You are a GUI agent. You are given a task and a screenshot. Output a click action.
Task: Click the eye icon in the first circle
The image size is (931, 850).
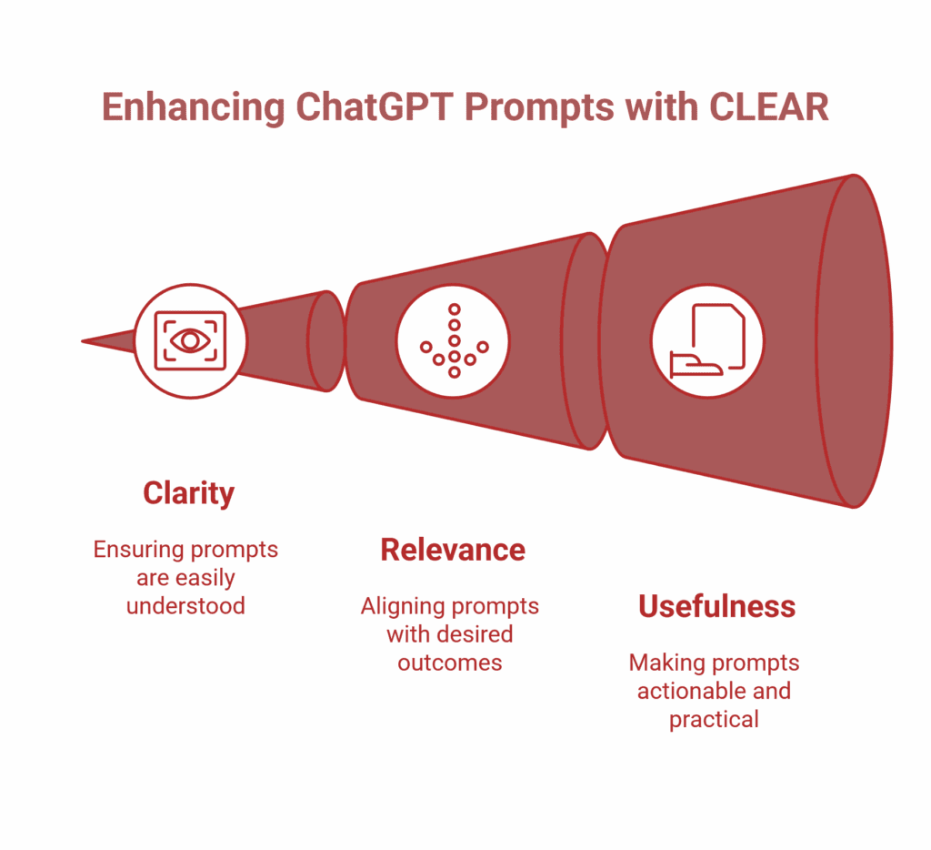(x=190, y=340)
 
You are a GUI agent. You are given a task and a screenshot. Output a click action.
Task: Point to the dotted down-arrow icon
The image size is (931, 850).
(x=454, y=341)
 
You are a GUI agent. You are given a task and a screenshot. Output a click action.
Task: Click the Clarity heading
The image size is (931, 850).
(x=188, y=493)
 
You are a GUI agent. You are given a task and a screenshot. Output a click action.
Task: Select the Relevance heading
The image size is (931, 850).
(x=452, y=550)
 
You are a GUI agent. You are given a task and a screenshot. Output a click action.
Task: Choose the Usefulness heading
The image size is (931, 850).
(x=716, y=606)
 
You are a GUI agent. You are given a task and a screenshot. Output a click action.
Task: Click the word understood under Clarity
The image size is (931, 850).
(x=185, y=606)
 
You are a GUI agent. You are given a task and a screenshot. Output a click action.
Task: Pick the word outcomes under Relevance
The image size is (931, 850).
(x=449, y=663)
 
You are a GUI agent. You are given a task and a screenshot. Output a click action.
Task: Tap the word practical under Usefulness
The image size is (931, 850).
(x=714, y=719)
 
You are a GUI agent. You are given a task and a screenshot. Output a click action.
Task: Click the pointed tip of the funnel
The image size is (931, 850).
(x=85, y=341)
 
